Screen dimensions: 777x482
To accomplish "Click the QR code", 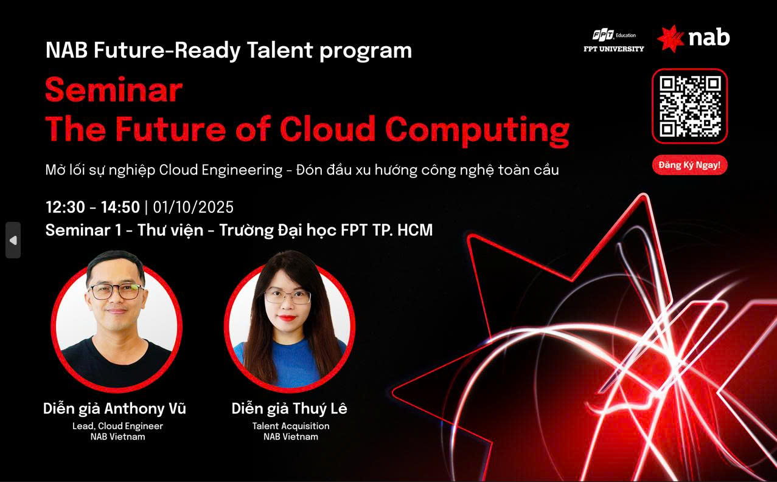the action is (x=689, y=106).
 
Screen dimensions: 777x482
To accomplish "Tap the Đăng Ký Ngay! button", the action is (x=689, y=165).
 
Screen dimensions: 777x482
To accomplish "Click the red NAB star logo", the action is (x=670, y=38).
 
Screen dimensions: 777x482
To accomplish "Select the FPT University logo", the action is (x=613, y=41).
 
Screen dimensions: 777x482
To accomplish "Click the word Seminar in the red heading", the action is (x=114, y=89).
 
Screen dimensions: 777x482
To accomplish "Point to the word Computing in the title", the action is (x=477, y=131).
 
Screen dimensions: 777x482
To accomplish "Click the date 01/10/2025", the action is (x=193, y=207).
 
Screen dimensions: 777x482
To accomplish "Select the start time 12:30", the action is (x=65, y=207).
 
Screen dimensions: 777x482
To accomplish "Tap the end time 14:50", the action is (x=120, y=207).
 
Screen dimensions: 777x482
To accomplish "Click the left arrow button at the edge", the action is (x=13, y=240).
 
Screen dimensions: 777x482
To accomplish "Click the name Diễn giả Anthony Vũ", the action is (x=114, y=408).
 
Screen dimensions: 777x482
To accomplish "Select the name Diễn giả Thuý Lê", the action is (x=289, y=408).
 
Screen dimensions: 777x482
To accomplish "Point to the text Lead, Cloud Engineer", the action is (x=117, y=426).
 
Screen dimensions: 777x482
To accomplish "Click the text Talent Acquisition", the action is (x=291, y=426).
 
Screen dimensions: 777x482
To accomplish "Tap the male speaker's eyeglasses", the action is (x=116, y=291).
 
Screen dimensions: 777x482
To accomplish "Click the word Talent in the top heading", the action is (x=279, y=50).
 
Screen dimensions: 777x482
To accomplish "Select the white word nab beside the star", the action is (x=709, y=38).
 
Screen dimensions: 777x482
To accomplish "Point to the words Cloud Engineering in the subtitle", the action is (x=221, y=170).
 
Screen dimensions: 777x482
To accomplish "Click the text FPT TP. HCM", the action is (x=387, y=230).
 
